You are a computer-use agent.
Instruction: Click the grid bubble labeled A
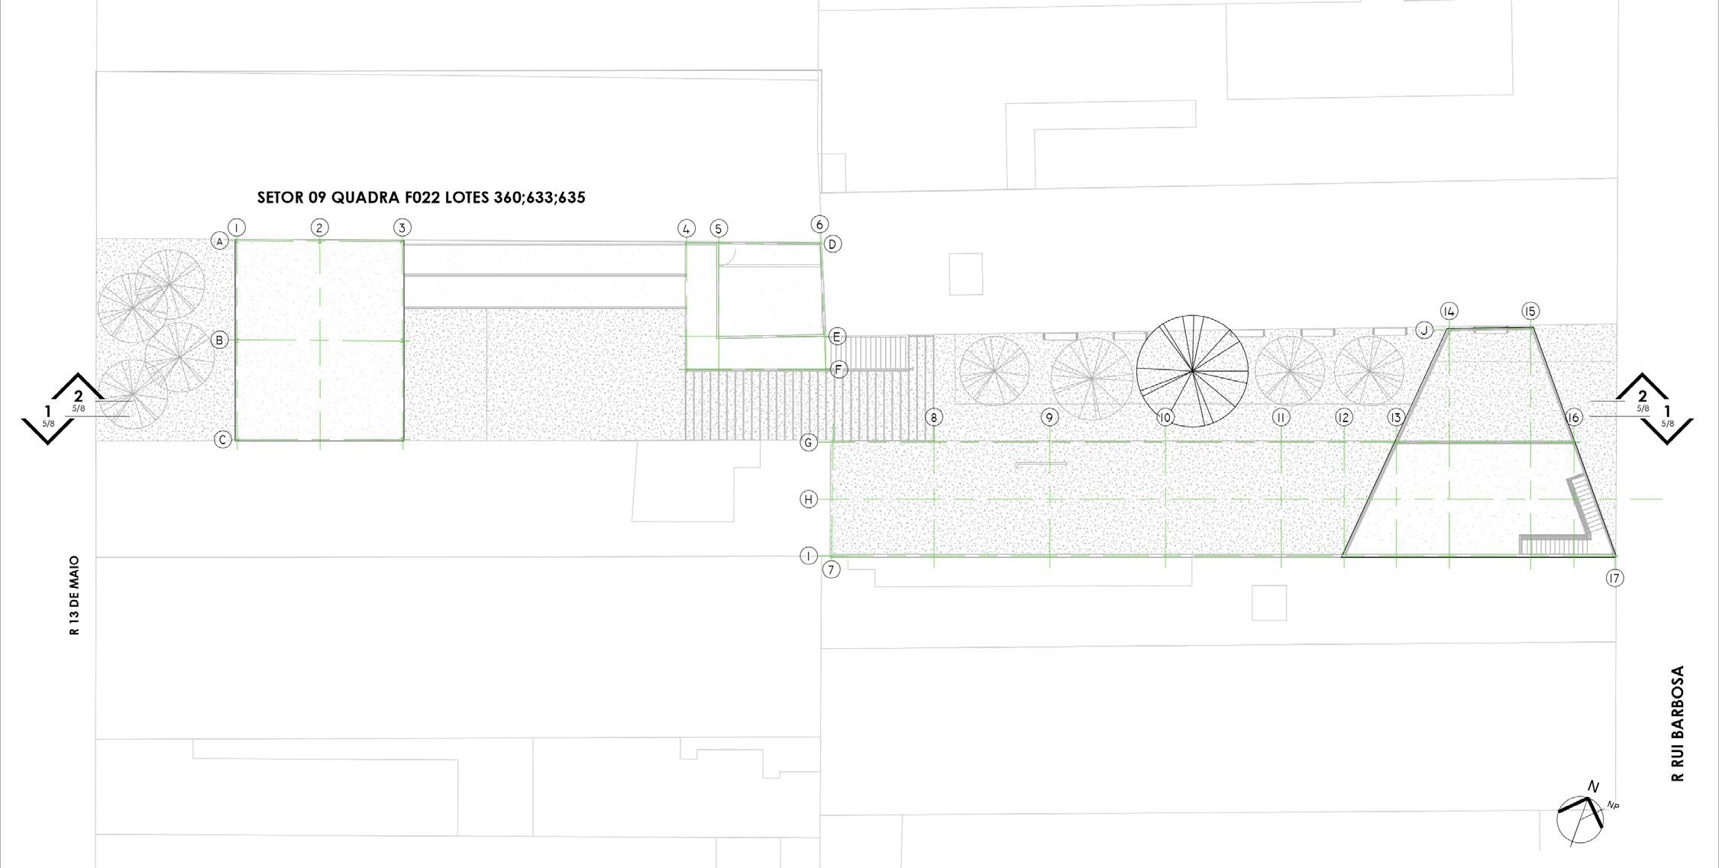(x=220, y=241)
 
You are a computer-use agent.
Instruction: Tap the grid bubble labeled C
(x=222, y=440)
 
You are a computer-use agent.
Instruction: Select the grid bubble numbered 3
(x=402, y=227)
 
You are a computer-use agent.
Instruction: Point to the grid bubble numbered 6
(x=819, y=224)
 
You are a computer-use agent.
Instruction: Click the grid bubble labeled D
(x=832, y=244)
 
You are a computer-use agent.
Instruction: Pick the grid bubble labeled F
(x=838, y=369)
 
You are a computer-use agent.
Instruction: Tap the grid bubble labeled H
(x=809, y=499)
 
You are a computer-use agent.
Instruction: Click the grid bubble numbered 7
(x=831, y=570)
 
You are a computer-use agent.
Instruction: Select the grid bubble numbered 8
(x=933, y=418)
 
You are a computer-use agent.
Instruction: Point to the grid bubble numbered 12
(x=1343, y=418)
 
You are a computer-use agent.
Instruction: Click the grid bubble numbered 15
(x=1530, y=311)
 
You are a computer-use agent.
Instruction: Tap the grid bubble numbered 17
(x=1614, y=578)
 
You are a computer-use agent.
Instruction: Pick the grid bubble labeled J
(x=1424, y=330)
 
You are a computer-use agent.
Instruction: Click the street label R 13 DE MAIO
(x=74, y=595)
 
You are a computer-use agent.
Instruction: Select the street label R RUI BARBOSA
(x=1678, y=724)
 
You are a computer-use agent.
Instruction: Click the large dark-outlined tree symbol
(x=1192, y=370)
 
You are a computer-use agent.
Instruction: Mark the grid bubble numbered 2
(x=320, y=227)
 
